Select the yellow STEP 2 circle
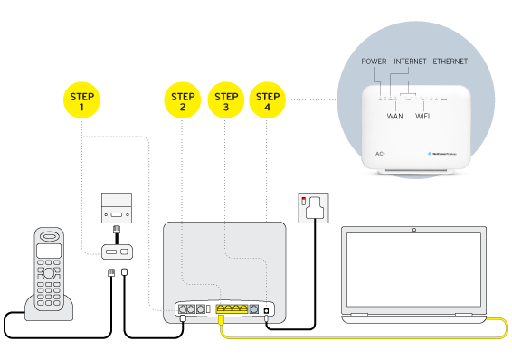tap(183, 101)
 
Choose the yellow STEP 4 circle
tap(266, 101)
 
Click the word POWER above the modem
tap(374, 61)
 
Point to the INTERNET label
tap(410, 61)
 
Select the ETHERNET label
tap(450, 61)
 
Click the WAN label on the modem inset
tap(395, 116)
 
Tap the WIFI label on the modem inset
tap(423, 116)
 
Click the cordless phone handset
tap(48, 267)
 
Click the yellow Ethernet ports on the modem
tap(232, 309)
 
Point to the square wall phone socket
tap(118, 208)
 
